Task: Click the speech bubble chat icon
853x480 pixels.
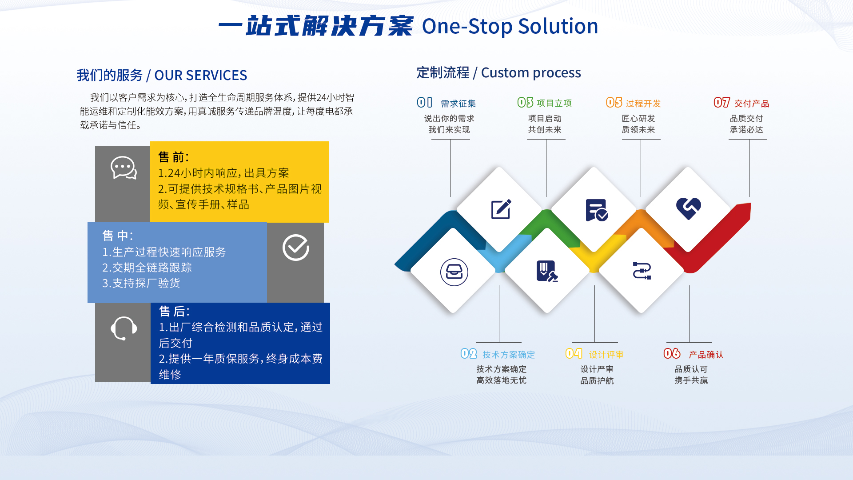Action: pos(124,168)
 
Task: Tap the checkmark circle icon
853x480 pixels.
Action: pos(296,247)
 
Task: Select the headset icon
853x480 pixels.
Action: pos(124,328)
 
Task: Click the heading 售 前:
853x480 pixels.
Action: pos(174,157)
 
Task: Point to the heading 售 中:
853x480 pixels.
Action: pos(118,236)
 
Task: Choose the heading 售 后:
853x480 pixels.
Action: pos(174,311)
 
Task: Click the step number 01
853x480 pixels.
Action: pos(424,103)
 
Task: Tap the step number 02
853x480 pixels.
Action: pos(469,354)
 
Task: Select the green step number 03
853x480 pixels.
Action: pos(525,103)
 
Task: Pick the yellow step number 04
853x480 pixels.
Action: pos(574,354)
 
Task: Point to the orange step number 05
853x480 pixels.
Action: pos(614,103)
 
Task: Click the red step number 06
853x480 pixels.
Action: pos(672,354)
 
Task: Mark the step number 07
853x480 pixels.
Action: pos(722,103)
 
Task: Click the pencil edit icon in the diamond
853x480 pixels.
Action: pos(501,209)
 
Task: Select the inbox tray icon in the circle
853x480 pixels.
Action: pos(454,272)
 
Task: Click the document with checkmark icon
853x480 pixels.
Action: pos(597,210)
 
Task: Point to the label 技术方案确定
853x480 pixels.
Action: pos(509,355)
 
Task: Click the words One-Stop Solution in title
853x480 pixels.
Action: pos(510,26)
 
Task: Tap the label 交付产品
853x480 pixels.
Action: pos(752,104)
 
